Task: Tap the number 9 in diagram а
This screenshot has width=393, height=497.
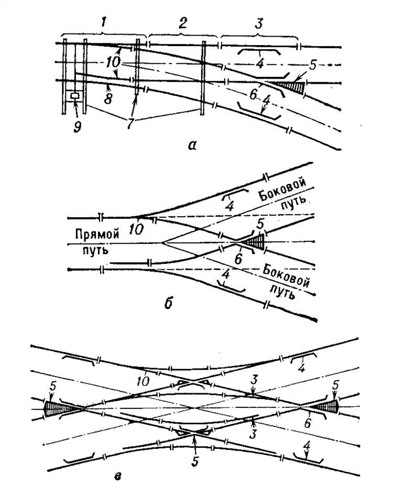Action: point(78,126)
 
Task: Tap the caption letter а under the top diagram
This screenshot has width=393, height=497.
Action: point(192,146)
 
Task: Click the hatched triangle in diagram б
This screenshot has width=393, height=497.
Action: point(257,242)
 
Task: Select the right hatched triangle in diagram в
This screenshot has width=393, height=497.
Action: point(330,406)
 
